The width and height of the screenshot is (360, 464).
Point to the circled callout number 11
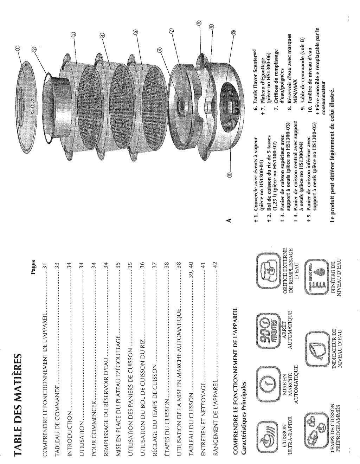point(229,174)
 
